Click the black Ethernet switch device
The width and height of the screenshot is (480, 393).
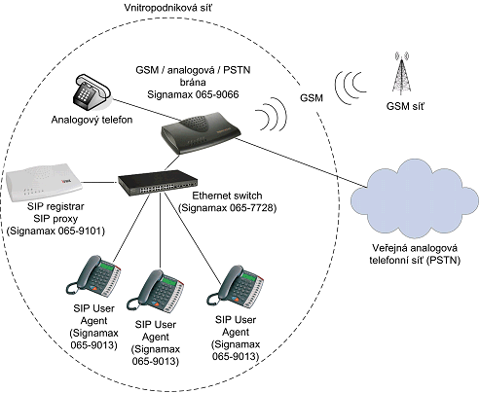(x=158, y=183)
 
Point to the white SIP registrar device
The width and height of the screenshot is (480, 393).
(x=44, y=182)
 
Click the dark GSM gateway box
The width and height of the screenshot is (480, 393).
(x=202, y=132)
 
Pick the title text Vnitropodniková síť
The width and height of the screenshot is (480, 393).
(x=167, y=8)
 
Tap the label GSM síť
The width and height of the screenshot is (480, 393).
(x=405, y=106)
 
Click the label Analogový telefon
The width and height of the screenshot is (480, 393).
(x=92, y=120)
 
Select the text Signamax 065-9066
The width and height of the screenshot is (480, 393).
(x=193, y=94)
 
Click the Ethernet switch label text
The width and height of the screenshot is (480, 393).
(x=227, y=196)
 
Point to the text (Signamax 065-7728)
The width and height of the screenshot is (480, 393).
(x=228, y=208)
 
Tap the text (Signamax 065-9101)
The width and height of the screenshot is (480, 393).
(x=55, y=231)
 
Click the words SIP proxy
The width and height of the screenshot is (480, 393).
(x=55, y=219)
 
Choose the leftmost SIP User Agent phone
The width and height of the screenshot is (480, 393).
(x=93, y=276)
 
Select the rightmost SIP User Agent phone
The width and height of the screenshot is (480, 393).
(x=236, y=287)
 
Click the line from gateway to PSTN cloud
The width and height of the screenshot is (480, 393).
(x=301, y=162)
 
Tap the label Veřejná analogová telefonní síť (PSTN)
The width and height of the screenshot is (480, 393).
(x=415, y=254)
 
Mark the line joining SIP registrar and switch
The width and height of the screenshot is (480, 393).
(x=99, y=182)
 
